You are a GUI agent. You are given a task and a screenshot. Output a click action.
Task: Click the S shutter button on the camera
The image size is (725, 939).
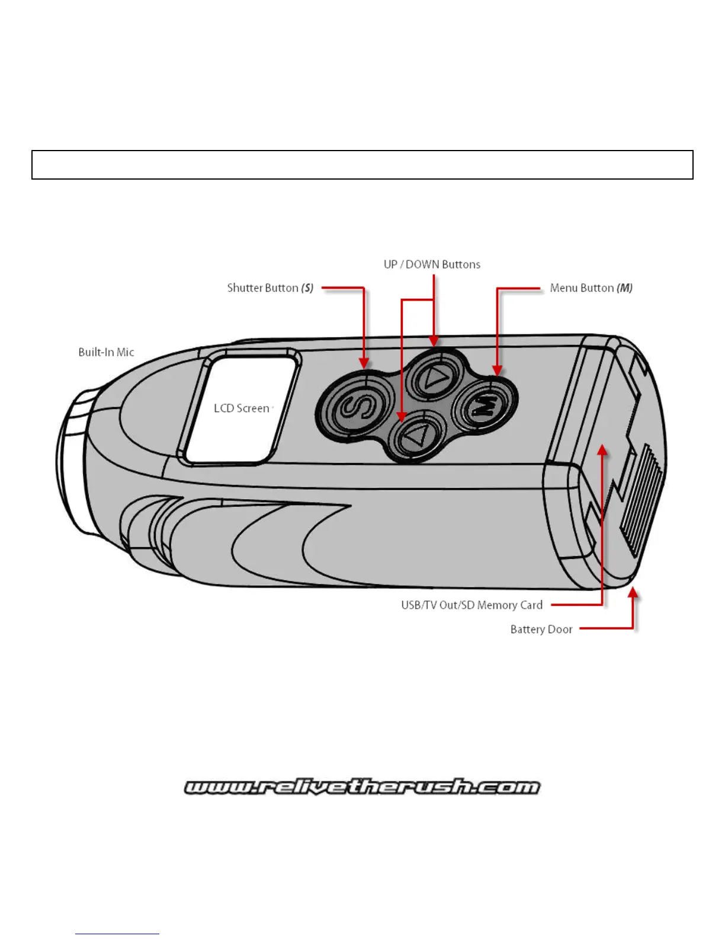tap(354, 407)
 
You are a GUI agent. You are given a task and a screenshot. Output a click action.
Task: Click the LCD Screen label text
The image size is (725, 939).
tap(241, 408)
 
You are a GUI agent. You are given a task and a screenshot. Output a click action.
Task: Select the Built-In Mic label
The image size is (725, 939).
tap(106, 352)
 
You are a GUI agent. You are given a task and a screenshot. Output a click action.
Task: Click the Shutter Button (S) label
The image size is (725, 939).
tap(270, 288)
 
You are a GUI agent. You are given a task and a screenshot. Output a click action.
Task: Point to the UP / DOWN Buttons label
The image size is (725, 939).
tap(432, 264)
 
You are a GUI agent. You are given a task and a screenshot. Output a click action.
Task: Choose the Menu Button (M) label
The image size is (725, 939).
tap(591, 288)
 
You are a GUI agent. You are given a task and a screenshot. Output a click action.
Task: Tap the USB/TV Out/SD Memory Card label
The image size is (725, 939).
tap(471, 605)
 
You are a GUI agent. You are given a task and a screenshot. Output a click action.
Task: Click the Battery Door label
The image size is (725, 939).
tap(541, 630)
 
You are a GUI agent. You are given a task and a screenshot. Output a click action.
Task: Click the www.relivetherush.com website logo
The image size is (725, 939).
tap(362, 787)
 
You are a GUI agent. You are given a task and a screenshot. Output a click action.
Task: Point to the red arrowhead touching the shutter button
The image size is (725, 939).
tap(364, 363)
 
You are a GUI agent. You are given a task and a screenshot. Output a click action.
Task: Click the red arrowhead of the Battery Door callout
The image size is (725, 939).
tap(633, 592)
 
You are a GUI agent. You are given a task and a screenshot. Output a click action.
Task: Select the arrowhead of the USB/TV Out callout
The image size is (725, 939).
tap(602, 451)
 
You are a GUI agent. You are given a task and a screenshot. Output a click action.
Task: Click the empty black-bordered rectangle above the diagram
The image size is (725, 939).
tap(362, 165)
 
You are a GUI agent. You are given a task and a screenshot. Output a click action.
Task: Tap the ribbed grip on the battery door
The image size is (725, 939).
tap(640, 498)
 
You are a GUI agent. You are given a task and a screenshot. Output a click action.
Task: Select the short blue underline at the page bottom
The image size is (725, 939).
tap(117, 934)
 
